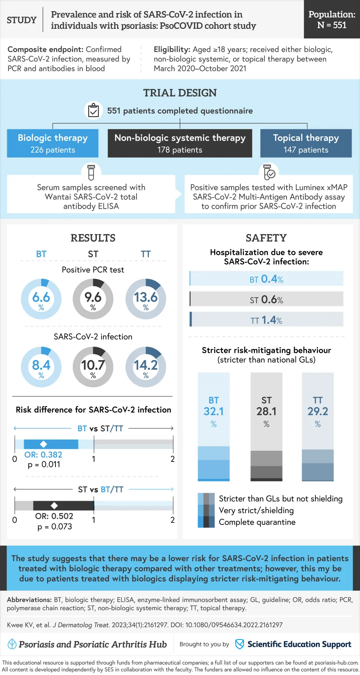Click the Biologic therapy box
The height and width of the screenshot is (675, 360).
tap(53, 143)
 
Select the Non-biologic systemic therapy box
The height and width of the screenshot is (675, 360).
tap(180, 143)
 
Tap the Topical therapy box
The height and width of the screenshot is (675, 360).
tap(306, 143)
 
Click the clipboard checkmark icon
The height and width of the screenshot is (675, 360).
tap(93, 110)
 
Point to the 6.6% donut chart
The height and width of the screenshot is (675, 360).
tap(41, 299)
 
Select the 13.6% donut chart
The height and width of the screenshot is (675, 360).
tap(145, 299)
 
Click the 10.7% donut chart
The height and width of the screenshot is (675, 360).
tap(93, 367)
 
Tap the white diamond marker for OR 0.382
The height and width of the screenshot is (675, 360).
tap(44, 444)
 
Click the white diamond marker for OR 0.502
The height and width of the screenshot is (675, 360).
tap(54, 505)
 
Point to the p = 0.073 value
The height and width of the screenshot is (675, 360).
tap(55, 527)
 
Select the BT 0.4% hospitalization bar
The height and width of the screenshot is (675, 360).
tap(266, 279)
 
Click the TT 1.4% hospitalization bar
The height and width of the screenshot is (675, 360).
tap(266, 320)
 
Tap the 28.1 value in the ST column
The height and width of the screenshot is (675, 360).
tap(266, 411)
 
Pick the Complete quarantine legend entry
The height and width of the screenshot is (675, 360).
tap(257, 522)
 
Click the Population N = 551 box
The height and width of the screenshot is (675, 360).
tap(332, 19)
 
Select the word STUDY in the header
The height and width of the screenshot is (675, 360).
tap(22, 20)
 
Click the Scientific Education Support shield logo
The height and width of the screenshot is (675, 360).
tap(239, 644)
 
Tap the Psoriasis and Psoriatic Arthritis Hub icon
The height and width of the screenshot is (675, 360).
tap(12, 644)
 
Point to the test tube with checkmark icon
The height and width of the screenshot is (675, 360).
tap(269, 172)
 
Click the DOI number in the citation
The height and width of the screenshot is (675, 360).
tap(234, 625)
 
